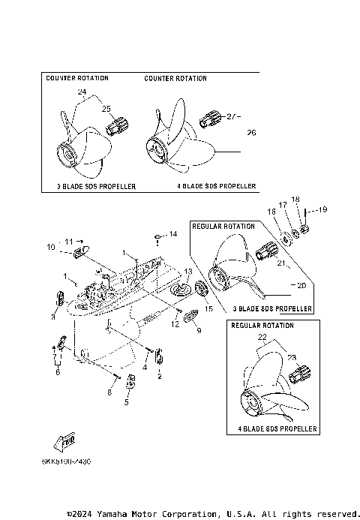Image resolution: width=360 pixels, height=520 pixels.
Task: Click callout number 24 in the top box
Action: click(x=82, y=92)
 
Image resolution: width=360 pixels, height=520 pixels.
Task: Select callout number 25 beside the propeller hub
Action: click(x=105, y=108)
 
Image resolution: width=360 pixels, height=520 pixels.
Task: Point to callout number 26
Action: click(x=251, y=133)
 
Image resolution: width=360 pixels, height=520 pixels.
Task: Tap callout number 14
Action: click(x=172, y=235)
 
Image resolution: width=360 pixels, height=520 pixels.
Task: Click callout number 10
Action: click(x=51, y=247)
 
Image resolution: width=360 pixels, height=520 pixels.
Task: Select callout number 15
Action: click(x=209, y=308)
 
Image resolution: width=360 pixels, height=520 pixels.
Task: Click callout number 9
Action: click(x=199, y=330)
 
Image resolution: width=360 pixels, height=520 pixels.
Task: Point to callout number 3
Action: click(x=53, y=317)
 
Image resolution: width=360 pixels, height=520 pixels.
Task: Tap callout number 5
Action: click(x=126, y=401)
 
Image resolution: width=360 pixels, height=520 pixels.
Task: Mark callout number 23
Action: click(x=292, y=359)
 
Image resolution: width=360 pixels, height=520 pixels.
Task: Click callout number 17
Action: click(x=283, y=204)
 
